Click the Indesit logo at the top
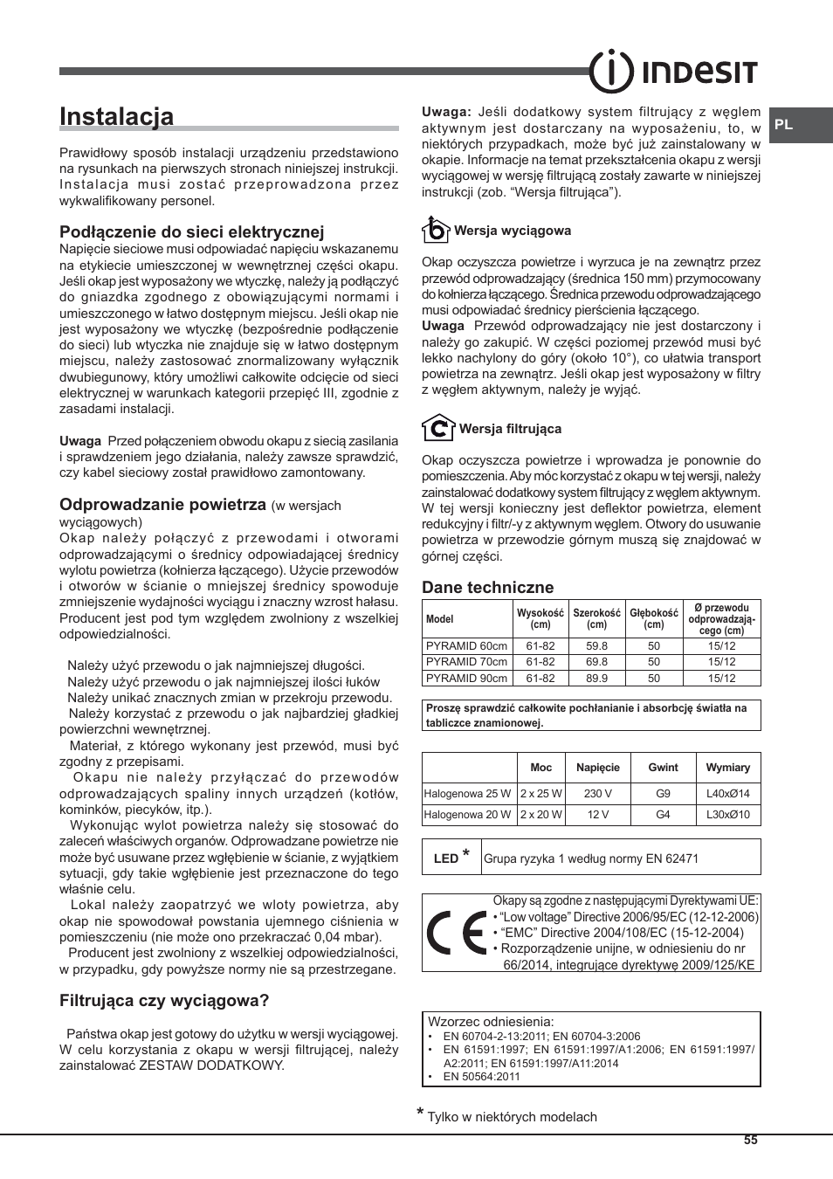[x=672, y=71]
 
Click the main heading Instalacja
[x=116, y=117]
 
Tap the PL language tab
[x=784, y=125]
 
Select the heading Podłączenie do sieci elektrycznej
[x=191, y=231]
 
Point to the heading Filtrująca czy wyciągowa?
[x=164, y=1001]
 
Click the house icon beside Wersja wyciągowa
[x=435, y=230]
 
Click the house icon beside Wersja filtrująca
[x=437, y=428]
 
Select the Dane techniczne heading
[x=487, y=588]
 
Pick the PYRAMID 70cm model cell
[x=466, y=662]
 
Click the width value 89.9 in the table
[x=596, y=678]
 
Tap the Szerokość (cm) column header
[x=596, y=618]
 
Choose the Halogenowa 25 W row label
[x=467, y=794]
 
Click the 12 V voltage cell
[x=597, y=815]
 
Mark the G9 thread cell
[x=663, y=794]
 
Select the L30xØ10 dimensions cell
[x=727, y=815]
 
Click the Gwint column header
[x=663, y=768]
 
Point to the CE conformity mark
[x=457, y=933]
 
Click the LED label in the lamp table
[x=446, y=858]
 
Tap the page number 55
[x=751, y=1141]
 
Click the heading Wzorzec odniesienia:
[x=491, y=1021]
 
